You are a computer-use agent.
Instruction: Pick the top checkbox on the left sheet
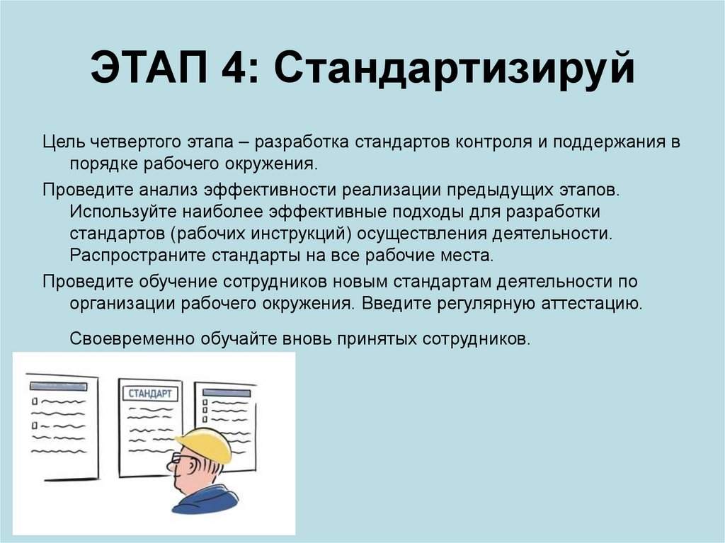[x=34, y=400]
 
